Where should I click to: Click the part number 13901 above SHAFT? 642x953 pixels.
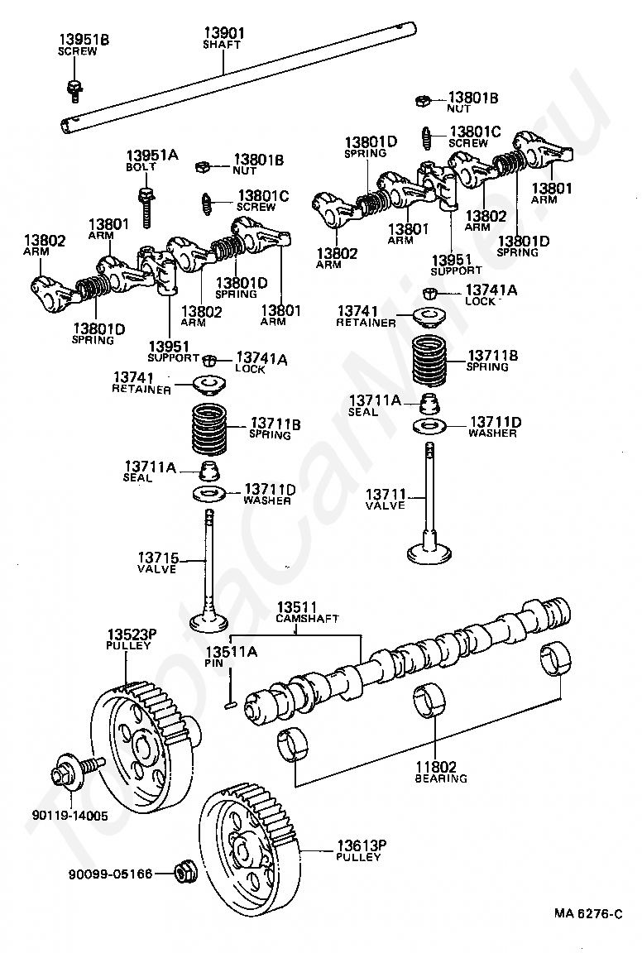224,34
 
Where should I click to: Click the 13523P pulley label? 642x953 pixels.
128,639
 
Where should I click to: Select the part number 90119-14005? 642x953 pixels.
72,815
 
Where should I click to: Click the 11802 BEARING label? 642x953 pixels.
440,772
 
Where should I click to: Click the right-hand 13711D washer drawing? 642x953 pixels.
429,426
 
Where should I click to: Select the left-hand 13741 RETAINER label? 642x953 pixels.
141,381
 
